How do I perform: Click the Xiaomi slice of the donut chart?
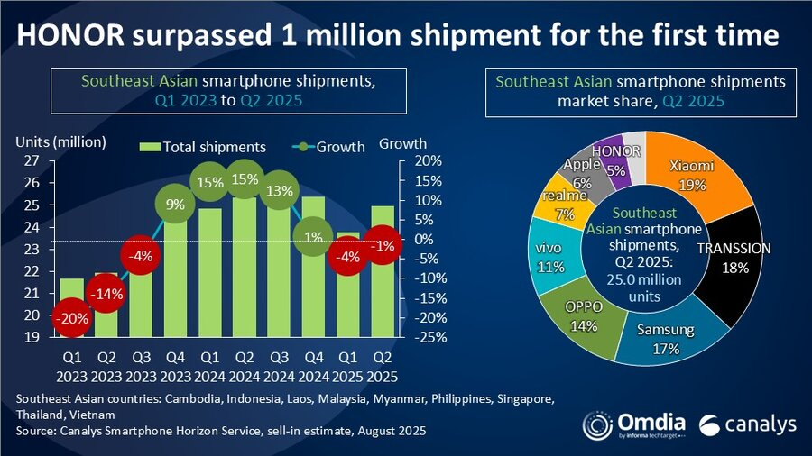coord(699,171)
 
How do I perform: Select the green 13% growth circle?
coord(279,190)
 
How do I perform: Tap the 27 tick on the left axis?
coord(31,161)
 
